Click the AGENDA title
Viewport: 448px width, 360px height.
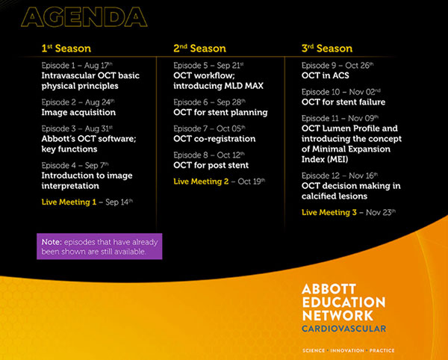(84, 17)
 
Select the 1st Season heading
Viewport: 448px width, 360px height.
(66, 49)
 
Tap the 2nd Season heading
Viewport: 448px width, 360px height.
(199, 49)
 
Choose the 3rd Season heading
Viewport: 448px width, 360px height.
(327, 49)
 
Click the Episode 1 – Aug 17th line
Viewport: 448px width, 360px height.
(77, 66)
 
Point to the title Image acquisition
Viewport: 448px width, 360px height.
(78, 112)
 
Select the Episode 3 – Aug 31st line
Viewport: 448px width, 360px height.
(77, 128)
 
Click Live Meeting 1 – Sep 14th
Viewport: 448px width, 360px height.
(87, 202)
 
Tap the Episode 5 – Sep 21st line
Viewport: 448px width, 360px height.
(208, 66)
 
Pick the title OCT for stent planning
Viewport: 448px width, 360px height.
(220, 112)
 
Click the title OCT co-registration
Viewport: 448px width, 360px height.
(214, 139)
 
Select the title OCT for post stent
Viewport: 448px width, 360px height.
(211, 165)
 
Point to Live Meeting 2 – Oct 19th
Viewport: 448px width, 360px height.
(220, 181)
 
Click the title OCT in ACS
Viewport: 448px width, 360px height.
(326, 75)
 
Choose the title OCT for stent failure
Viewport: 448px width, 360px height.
(343, 102)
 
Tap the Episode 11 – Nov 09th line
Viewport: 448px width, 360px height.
(340, 118)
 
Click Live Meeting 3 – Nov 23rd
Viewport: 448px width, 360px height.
(349, 212)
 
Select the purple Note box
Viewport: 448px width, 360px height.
(99, 246)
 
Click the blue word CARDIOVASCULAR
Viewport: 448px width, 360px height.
(344, 329)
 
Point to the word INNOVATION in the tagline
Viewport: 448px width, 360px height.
(347, 350)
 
